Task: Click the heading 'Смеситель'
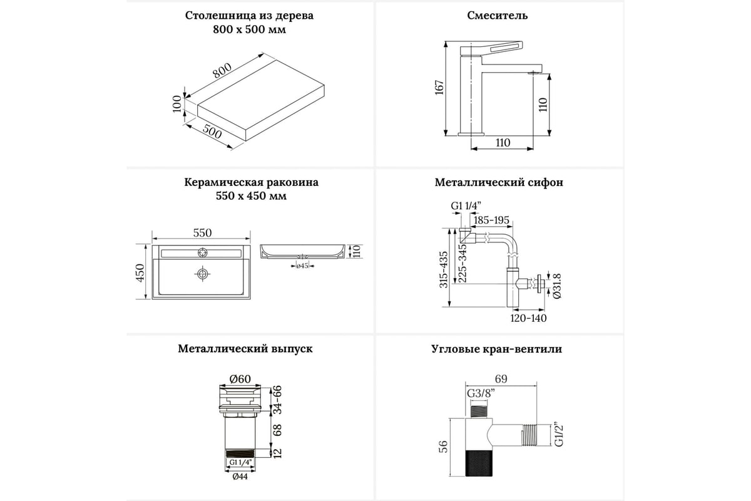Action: click(497, 16)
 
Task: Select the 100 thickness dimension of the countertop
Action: click(177, 103)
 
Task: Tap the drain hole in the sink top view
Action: click(202, 274)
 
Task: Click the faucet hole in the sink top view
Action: click(202, 252)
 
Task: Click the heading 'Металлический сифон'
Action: click(499, 183)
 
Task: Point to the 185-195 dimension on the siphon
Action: click(492, 220)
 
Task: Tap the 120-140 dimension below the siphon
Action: click(527, 318)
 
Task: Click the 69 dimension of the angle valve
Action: click(502, 378)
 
